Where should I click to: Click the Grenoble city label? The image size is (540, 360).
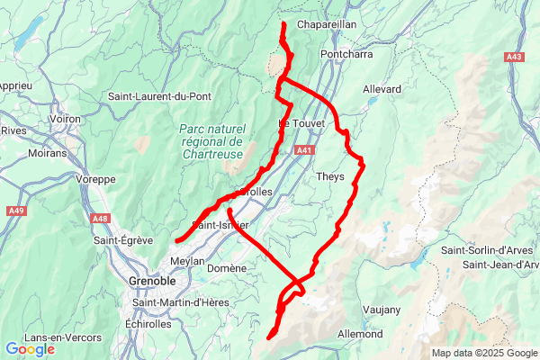(x=145, y=281)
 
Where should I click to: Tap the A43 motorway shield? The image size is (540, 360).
(x=514, y=57)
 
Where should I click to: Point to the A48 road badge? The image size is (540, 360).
(x=101, y=218)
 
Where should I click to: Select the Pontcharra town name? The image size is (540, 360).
(x=346, y=53)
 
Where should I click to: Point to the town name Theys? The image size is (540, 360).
(x=330, y=176)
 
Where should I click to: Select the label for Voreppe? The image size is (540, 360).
(x=90, y=179)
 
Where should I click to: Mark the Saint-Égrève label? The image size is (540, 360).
(x=124, y=240)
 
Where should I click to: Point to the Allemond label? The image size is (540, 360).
(x=359, y=334)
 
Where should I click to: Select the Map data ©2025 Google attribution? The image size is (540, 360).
(x=483, y=354)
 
